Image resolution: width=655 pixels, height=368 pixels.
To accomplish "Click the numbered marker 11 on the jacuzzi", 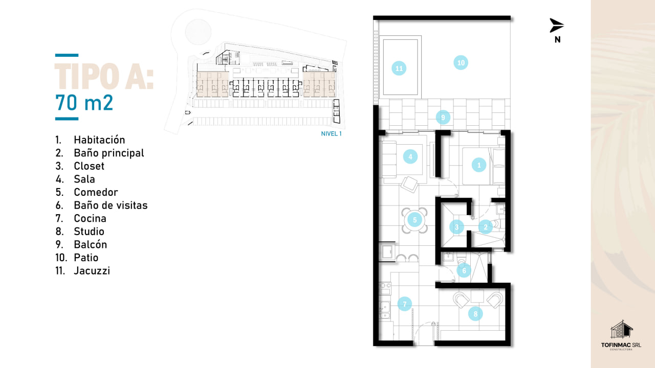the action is click(x=399, y=68).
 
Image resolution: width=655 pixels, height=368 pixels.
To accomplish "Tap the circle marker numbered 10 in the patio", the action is click(x=461, y=63).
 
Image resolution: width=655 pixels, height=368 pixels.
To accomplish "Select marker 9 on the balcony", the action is click(x=443, y=118).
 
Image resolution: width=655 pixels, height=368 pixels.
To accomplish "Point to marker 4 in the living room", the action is click(x=410, y=157).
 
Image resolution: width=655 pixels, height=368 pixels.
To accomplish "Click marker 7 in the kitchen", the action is click(x=405, y=304).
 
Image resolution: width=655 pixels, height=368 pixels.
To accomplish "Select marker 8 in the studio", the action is click(x=475, y=314).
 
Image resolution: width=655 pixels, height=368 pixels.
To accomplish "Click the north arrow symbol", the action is click(x=556, y=26).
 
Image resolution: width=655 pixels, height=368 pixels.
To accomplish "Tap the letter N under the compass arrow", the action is click(x=558, y=39).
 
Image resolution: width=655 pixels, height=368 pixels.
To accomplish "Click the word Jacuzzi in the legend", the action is click(x=92, y=271).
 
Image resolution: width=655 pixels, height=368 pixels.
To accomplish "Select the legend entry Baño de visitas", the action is click(x=111, y=205).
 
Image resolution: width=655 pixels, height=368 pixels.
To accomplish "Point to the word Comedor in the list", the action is click(x=96, y=192).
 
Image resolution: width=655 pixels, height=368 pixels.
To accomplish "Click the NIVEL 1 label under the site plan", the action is click(x=331, y=134).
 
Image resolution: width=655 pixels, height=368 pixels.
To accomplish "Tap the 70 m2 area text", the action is click(x=84, y=103).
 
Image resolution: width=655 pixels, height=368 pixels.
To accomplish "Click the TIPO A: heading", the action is click(x=104, y=76).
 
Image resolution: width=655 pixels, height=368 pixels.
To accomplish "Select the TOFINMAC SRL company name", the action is click(x=621, y=345).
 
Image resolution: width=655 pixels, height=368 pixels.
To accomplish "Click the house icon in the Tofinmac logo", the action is click(x=621, y=329).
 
